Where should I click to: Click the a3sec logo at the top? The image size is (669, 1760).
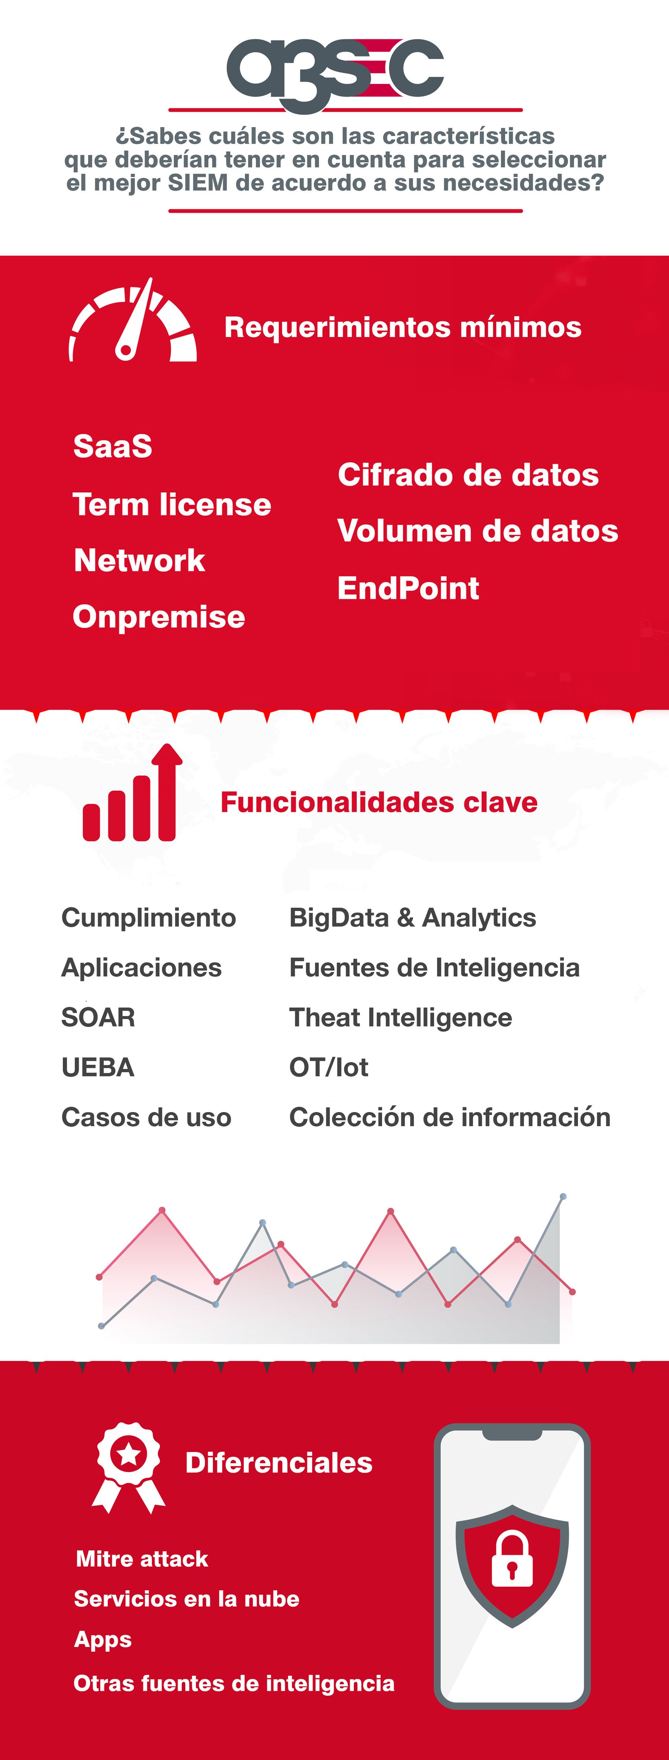335,74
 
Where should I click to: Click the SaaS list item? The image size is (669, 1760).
113,446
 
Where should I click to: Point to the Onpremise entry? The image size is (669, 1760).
159,617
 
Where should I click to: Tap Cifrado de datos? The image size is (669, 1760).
468,475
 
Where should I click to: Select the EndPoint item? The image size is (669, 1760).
408,588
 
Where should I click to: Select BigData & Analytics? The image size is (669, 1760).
413,918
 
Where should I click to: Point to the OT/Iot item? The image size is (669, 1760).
329,1067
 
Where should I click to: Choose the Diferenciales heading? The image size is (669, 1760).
279,1463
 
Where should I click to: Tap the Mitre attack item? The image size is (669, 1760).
142,1559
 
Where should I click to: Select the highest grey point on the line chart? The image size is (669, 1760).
563,1196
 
